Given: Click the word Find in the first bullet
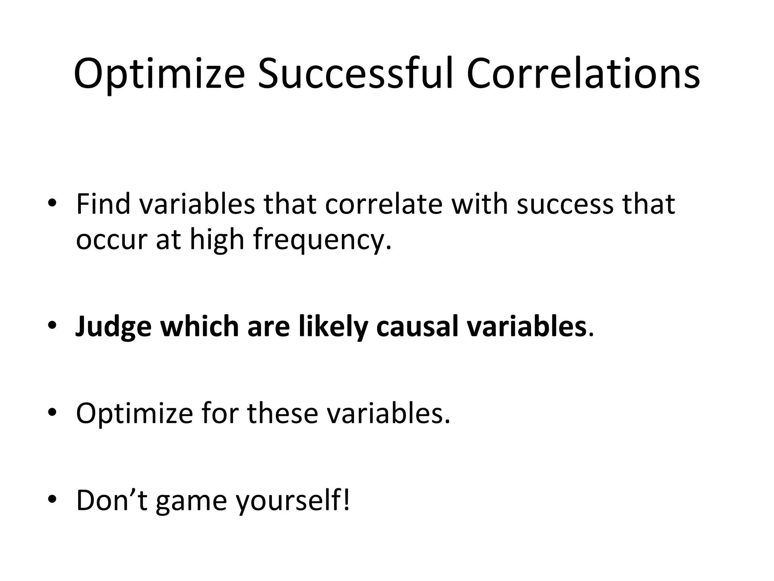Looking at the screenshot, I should pyautogui.click(x=103, y=204).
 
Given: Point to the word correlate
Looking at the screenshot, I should pyautogui.click(x=383, y=204).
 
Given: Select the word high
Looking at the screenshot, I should pyautogui.click(x=217, y=240).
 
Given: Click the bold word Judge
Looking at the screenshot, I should pyautogui.click(x=113, y=327).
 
